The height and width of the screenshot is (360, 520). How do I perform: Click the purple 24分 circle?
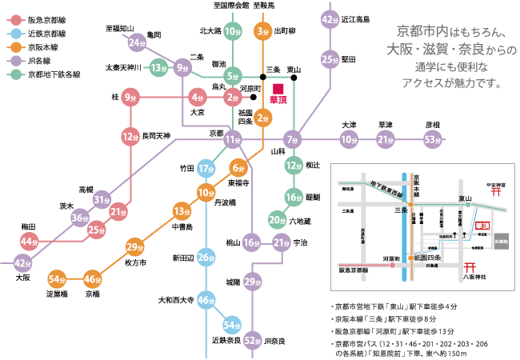tap(137, 42)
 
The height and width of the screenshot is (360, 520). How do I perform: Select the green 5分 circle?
tap(232, 77)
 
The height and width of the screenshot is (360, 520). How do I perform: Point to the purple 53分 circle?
tap(433, 141)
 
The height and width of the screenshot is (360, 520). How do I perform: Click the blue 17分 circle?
tap(206, 169)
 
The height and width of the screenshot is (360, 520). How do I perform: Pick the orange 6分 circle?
tap(238, 168)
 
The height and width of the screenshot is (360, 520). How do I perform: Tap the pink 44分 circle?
tap(30, 242)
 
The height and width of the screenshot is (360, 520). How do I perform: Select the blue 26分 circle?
tap(206, 257)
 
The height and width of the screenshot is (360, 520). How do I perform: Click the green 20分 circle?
tap(277, 219)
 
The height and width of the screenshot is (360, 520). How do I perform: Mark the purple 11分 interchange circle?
tap(232, 140)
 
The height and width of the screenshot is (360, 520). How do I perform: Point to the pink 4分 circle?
tap(197, 98)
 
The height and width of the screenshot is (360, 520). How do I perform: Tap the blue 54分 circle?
tap(232, 325)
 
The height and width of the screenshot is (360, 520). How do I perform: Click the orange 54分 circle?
tap(56, 278)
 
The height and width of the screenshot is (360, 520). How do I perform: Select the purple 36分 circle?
tap(79, 217)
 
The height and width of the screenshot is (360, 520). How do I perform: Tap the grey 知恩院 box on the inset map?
tap(500, 241)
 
